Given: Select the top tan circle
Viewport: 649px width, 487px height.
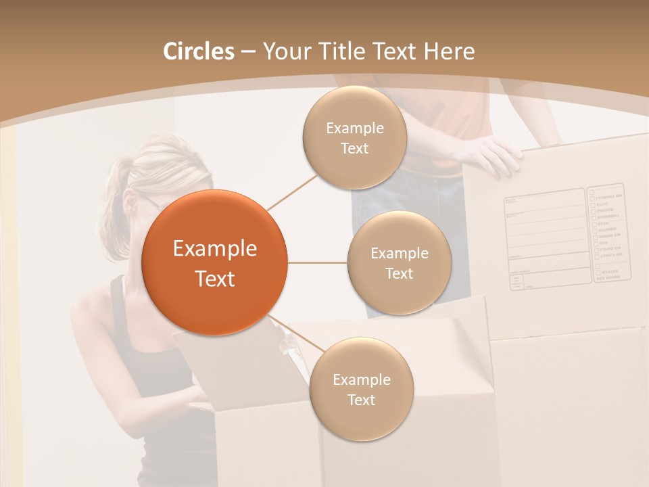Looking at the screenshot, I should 354,137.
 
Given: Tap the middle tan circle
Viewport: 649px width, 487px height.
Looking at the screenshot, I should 399,262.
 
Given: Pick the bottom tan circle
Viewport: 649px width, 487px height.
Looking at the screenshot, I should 361,389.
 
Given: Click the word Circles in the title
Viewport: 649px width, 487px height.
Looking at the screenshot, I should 199,51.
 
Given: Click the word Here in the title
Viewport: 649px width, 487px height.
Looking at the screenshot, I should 450,51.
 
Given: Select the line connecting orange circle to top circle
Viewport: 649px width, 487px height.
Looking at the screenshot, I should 292,191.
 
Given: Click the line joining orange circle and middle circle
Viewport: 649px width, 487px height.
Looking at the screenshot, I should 318,262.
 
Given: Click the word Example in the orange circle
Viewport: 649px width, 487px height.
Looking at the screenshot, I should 215,249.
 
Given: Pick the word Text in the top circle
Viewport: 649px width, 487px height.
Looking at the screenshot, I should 354,148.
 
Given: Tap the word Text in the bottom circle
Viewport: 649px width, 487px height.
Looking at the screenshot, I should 361,400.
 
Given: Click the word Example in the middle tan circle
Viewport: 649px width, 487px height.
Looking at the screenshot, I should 399,253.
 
